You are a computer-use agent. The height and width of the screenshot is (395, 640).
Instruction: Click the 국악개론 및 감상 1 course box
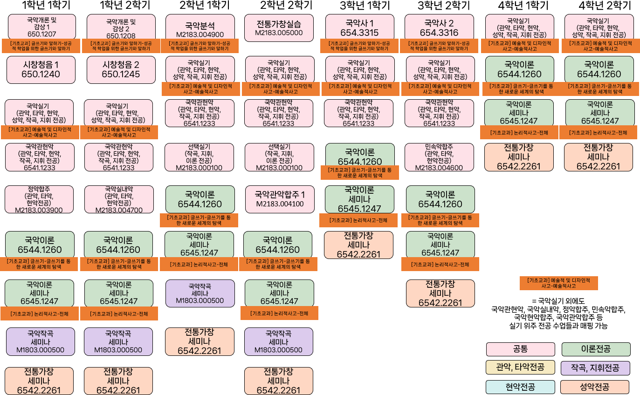click(41, 27)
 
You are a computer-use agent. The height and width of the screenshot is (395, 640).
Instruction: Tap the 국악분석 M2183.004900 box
click(200, 27)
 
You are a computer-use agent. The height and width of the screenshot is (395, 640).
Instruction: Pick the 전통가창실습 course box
click(279, 27)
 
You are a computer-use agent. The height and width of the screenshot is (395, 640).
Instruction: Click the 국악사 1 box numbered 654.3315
click(359, 27)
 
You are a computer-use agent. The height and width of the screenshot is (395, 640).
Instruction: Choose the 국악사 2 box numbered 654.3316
click(439, 27)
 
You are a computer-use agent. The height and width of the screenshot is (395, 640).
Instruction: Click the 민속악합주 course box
click(439, 157)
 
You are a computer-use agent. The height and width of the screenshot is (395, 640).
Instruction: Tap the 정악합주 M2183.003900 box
click(39, 199)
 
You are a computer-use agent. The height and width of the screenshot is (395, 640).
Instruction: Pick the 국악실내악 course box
click(119, 199)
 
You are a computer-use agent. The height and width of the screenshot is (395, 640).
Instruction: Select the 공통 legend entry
click(520, 349)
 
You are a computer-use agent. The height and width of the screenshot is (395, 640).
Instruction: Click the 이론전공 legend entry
click(596, 349)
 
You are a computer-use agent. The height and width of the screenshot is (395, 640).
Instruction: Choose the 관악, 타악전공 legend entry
click(520, 368)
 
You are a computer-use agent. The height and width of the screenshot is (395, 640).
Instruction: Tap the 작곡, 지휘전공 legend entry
click(595, 368)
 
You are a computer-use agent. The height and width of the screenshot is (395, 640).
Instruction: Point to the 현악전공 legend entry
click(520, 387)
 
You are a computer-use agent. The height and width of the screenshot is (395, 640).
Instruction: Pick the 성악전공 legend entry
click(595, 387)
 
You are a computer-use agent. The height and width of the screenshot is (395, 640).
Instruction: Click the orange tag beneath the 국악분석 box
click(200, 46)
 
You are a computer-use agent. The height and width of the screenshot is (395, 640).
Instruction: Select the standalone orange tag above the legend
click(558, 283)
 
